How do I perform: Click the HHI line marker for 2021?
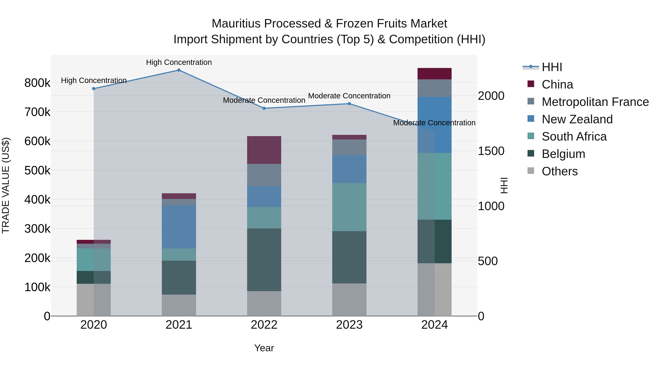click(179, 70)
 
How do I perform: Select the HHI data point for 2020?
click(94, 89)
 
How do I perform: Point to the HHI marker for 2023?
click(349, 104)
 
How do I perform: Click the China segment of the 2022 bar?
click(264, 150)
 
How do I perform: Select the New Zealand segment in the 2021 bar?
click(179, 227)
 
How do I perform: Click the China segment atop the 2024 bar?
click(434, 74)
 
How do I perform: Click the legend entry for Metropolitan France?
click(595, 102)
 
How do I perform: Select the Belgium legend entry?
click(563, 154)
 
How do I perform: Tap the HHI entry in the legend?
click(552, 67)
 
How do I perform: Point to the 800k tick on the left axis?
click(37, 83)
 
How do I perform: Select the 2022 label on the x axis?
click(264, 325)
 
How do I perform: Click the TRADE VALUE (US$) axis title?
click(6, 185)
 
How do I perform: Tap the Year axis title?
click(264, 348)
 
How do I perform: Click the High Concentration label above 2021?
click(179, 62)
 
